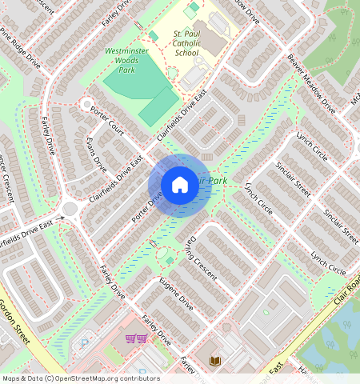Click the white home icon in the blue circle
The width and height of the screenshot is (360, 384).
coord(180,185)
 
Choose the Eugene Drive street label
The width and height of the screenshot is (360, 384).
coord(176,294)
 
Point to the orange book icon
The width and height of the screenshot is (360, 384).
coord(214,362)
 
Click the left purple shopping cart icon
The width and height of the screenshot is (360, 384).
coord(130,338)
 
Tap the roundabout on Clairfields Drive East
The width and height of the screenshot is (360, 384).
coord(69,210)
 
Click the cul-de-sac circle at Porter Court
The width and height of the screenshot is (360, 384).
coord(86,104)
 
